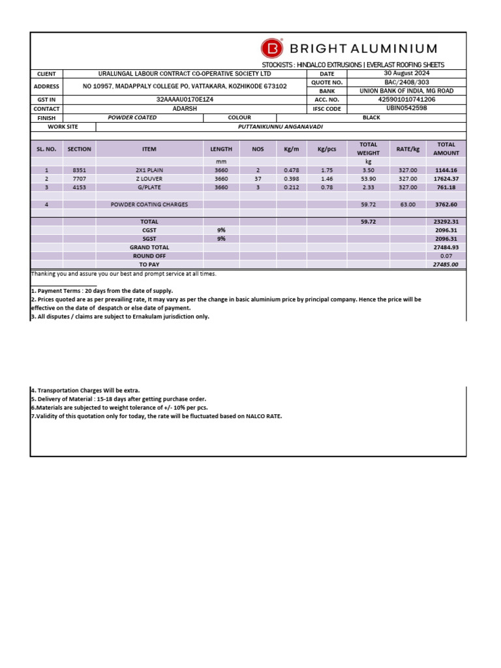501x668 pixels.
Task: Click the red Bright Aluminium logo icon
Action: (272, 48)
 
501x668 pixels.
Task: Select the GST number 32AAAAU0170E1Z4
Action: (185, 100)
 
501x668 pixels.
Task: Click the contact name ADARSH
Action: (185, 109)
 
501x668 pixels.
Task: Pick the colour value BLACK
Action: (371, 118)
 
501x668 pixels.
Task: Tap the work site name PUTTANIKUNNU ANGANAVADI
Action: (281, 127)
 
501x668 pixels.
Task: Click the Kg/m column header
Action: (290, 149)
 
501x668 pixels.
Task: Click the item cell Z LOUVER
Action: (149, 178)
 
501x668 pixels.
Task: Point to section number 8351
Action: (79, 170)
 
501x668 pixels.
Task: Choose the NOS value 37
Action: (258, 178)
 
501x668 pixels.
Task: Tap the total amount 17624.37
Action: (447, 178)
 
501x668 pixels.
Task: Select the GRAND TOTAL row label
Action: (149, 247)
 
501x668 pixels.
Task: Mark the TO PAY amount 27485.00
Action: (446, 265)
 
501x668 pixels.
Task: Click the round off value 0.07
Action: (446, 256)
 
